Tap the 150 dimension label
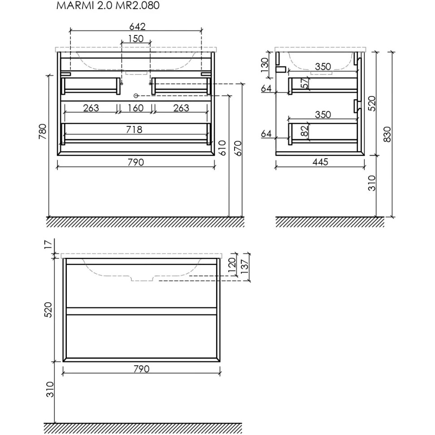[136, 39]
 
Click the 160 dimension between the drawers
[136, 108]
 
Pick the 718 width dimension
[134, 130]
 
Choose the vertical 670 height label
[238, 147]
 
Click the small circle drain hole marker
[136, 96]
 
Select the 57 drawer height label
[305, 84]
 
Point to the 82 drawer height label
[305, 131]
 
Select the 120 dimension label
[232, 265]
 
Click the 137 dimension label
[244, 268]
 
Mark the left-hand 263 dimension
[91, 108]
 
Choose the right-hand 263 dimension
[181, 108]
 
